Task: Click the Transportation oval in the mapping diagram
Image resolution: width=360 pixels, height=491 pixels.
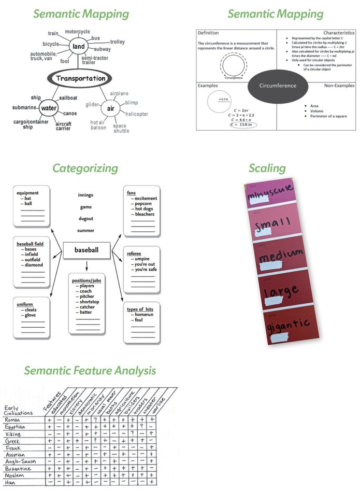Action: (x=80, y=79)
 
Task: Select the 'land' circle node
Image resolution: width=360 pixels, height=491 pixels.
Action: (x=79, y=47)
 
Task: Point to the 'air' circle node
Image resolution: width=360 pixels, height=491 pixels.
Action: (x=110, y=108)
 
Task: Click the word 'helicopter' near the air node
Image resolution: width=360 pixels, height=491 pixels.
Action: (x=137, y=114)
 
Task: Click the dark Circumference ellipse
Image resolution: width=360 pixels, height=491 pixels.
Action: (x=277, y=86)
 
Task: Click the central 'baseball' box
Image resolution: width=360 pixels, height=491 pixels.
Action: (x=86, y=250)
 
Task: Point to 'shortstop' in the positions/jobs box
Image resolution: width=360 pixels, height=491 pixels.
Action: (x=90, y=302)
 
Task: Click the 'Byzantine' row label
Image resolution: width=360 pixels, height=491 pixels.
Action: (x=18, y=469)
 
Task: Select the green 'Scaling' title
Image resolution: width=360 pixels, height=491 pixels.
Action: (x=267, y=168)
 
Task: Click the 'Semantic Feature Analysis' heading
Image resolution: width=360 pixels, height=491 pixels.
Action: (x=90, y=371)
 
